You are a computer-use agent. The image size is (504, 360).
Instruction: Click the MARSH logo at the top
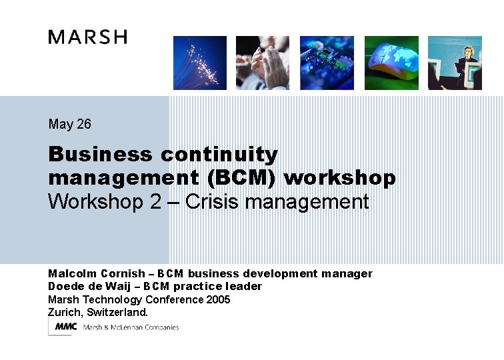point(87,37)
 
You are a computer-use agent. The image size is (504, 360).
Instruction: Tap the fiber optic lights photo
point(200,63)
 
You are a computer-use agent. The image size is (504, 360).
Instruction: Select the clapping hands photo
point(263,63)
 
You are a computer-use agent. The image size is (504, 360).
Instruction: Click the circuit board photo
point(327,63)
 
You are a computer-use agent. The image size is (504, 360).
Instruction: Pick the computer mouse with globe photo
point(391,63)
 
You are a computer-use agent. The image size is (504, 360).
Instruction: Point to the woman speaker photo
point(455,63)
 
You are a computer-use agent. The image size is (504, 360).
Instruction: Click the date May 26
point(69,124)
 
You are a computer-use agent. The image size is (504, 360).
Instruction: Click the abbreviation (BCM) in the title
point(244,179)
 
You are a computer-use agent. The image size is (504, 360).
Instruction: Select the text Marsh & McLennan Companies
point(131,327)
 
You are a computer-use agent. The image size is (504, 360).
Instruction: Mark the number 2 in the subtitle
point(155,201)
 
